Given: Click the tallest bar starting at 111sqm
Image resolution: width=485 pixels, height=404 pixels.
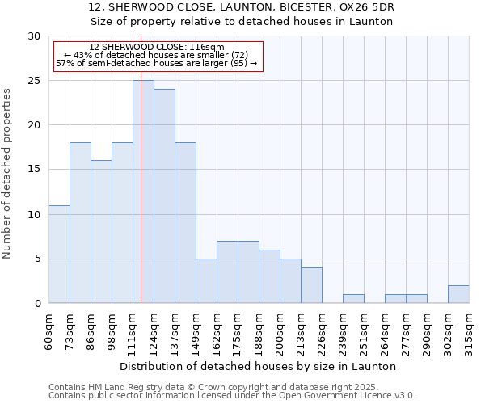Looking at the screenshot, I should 143,191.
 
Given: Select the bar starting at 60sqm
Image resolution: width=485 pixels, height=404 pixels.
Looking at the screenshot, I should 59,254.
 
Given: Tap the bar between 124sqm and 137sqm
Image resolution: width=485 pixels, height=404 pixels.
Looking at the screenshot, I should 164,196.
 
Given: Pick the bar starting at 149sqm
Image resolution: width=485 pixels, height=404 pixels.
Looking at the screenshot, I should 206,280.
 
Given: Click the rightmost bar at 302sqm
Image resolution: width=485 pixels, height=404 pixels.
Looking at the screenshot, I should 458,294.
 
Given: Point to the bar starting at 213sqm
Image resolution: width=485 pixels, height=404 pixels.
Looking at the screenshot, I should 311,285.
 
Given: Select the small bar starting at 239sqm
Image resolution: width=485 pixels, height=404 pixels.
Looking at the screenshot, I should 353,299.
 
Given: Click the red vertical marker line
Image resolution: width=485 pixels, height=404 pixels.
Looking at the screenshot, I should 141,162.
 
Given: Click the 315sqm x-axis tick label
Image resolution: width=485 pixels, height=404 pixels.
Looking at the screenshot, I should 470,330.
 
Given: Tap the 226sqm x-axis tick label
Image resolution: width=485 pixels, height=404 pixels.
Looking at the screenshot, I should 323,330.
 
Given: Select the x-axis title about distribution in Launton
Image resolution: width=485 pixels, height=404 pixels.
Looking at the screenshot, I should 259,366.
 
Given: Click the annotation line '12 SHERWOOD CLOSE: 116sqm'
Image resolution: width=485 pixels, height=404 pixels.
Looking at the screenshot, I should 157,48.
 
